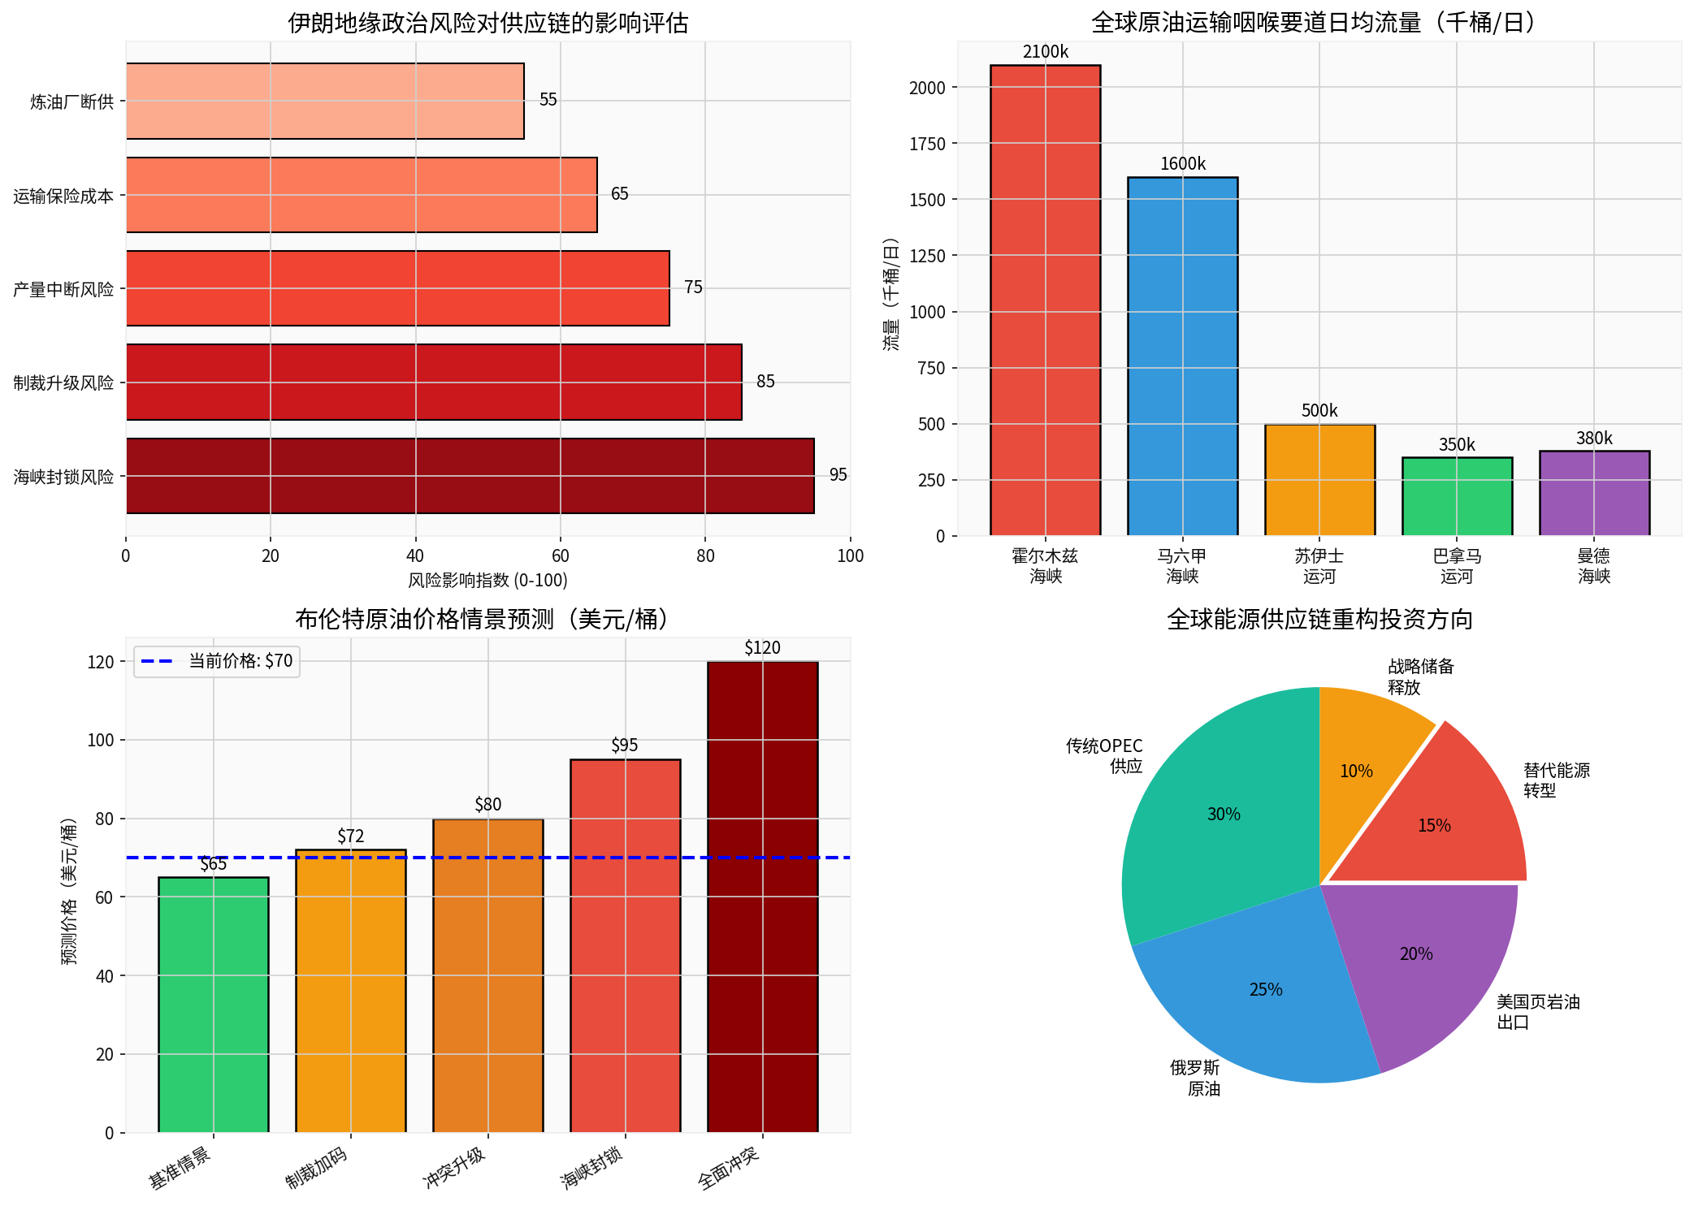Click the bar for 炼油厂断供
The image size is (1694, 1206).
point(325,101)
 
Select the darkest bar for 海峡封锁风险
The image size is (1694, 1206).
point(470,476)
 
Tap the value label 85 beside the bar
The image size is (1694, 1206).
point(765,382)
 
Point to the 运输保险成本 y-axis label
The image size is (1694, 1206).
point(63,196)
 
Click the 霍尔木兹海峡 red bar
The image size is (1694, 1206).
point(1045,300)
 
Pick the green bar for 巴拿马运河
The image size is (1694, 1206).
point(1457,496)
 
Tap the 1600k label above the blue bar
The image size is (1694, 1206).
point(1182,164)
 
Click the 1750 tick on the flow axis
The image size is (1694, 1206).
point(927,144)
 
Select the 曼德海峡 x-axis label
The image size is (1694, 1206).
point(1593,566)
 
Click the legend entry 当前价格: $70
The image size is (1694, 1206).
point(217,661)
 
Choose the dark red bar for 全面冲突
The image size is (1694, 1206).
point(762,897)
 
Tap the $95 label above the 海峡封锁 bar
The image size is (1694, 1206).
point(624,746)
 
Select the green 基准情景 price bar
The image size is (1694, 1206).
point(213,1005)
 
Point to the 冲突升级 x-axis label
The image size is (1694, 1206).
point(455,1167)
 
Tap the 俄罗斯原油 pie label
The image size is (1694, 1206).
point(1195,1078)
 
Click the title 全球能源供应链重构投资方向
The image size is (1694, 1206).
point(1319,620)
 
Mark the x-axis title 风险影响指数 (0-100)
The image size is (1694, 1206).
point(487,581)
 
